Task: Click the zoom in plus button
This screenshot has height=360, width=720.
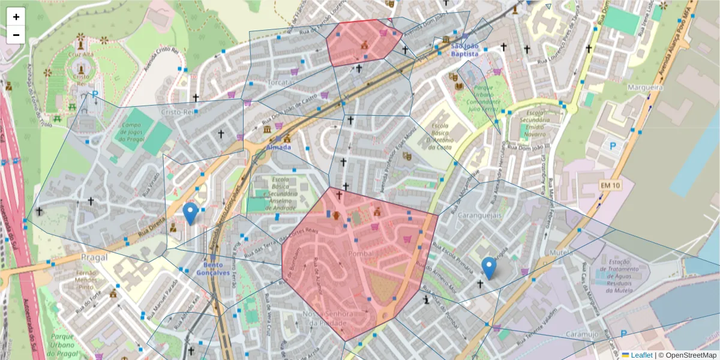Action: [x=16, y=17]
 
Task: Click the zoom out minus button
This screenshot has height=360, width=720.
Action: [x=16, y=35]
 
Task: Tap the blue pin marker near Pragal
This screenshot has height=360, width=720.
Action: [x=191, y=214]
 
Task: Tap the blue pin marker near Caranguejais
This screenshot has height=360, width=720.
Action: [x=489, y=268]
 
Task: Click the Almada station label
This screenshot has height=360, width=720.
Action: [x=279, y=147]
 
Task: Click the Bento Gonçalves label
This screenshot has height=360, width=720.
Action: [x=217, y=268]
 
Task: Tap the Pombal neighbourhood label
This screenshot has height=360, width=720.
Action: [x=361, y=254]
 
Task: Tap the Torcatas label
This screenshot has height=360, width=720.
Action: [x=268, y=82]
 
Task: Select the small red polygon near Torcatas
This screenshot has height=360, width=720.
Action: [x=363, y=42]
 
